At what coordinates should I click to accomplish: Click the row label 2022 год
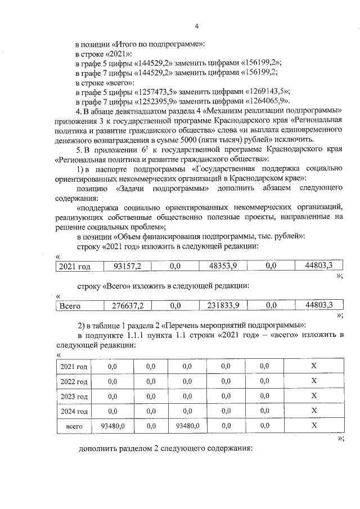tap(74, 382)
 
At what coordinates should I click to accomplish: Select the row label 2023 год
tap(74, 397)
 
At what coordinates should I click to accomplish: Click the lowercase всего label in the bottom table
tap(74, 427)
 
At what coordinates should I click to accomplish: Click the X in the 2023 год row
tap(314, 397)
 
